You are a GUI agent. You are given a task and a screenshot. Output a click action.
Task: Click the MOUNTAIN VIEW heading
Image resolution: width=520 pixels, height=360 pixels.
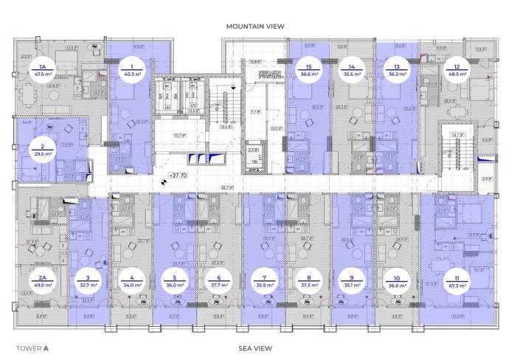pos(255,26)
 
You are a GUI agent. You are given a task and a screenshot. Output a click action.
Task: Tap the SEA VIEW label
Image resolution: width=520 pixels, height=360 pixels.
pos(256,347)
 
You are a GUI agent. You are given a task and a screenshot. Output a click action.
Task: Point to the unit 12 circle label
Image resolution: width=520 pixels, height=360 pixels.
pos(457,70)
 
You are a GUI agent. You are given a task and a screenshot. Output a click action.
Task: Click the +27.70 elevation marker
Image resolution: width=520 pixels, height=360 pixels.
pos(178,177)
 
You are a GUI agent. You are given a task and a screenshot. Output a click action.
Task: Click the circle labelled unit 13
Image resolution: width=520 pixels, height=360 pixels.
pos(397,70)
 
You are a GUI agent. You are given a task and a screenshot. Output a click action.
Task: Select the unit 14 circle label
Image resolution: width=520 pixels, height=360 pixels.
pos(353,70)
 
